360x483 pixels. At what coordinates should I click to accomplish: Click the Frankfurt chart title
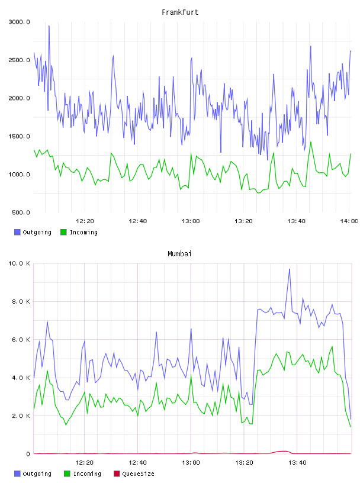tap(180, 12)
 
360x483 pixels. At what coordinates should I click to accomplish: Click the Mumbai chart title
tap(179, 254)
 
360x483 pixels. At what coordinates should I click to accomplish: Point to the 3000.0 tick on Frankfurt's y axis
tap(20, 22)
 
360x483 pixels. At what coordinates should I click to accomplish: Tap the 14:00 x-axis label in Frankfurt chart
tap(349, 221)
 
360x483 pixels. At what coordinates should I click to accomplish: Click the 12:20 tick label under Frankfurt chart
tap(85, 221)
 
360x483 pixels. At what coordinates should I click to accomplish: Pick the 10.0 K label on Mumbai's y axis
tap(20, 263)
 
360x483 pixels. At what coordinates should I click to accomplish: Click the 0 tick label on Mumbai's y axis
tap(28, 454)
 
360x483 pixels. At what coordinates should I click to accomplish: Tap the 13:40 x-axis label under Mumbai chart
tap(297, 463)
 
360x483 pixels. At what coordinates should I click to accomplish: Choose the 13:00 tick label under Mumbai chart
tap(191, 463)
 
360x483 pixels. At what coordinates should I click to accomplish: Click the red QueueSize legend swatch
tap(117, 474)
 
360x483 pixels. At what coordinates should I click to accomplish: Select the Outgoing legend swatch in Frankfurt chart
tap(17, 232)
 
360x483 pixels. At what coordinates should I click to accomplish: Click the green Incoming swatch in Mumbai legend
tap(67, 474)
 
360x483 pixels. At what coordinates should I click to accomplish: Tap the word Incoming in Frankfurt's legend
tap(83, 232)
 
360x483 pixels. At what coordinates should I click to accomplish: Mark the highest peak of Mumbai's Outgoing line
tap(289, 269)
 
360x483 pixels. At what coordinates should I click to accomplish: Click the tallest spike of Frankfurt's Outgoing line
tap(49, 26)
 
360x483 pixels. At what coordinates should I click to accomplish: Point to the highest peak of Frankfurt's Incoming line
tap(311, 142)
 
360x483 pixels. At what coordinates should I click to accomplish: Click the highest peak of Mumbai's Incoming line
tap(332, 346)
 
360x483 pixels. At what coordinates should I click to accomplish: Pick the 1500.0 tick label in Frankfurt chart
tap(20, 137)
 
